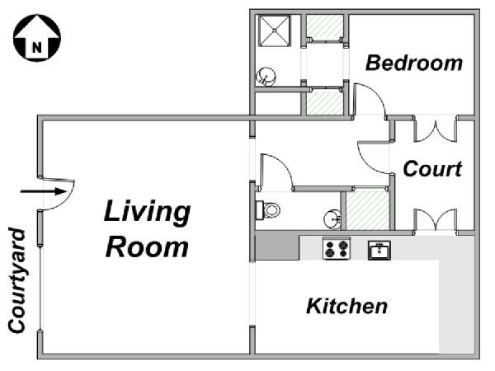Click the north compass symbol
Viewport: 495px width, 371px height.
pos(37,38)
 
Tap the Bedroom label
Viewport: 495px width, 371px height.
pos(414,63)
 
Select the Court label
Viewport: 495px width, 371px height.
pos(432,169)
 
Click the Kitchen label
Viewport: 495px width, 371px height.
pos(347,306)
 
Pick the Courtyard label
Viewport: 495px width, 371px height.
pos(16,280)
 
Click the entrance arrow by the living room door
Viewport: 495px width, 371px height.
pos(43,191)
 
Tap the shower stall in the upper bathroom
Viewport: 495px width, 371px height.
pos(275,31)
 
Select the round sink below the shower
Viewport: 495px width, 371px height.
pos(266,77)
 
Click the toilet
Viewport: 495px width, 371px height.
pos(268,209)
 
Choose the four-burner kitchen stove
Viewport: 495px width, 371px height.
pos(337,249)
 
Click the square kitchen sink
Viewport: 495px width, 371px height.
pos(379,250)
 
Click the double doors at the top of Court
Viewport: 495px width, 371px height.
pos(436,130)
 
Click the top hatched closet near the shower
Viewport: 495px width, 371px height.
pos(325,28)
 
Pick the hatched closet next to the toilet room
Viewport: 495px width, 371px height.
pos(368,210)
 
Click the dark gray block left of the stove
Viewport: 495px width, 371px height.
pos(277,246)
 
